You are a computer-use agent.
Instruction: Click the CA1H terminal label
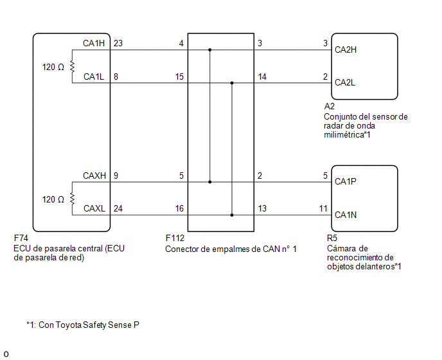94,43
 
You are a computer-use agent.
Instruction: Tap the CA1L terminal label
94,76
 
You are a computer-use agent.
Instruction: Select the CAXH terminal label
94,175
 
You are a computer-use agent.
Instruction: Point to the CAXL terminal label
94,208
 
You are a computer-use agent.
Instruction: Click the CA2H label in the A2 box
346,50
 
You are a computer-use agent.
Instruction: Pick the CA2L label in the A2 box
345,83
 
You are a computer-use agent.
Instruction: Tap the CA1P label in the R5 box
346,181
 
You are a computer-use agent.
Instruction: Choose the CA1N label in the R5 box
346,215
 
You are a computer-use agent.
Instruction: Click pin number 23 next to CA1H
118,43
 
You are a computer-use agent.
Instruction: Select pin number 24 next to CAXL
118,208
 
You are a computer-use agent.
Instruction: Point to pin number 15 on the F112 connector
179,76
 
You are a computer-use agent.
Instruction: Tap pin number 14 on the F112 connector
262,76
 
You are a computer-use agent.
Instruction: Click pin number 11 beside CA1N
323,208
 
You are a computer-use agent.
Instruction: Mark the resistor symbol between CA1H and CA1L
72,67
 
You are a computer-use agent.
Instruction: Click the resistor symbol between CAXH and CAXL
72,199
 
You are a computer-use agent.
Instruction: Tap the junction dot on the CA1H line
209,50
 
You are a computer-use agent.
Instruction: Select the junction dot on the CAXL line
232,215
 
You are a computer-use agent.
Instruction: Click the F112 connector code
175,239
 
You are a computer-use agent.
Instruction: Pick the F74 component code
21,238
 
